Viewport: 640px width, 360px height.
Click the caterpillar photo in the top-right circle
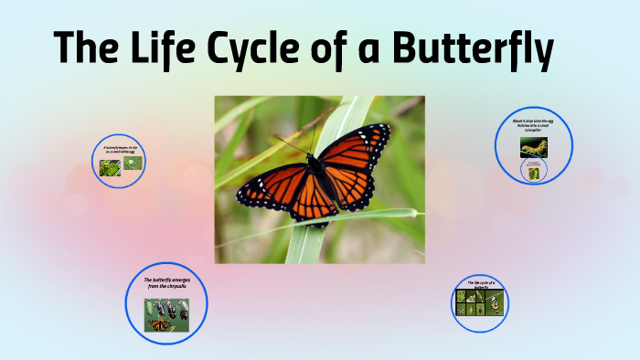(534, 146)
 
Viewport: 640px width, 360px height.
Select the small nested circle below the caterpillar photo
(533, 170)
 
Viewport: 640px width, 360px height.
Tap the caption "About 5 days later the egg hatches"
(534, 126)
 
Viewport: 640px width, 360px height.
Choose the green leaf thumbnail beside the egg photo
(111, 168)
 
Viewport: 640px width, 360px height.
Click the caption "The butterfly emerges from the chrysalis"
(166, 283)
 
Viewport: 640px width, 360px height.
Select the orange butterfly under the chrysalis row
(160, 324)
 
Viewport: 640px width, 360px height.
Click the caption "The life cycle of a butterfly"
(481, 285)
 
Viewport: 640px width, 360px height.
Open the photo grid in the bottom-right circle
(480, 303)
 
